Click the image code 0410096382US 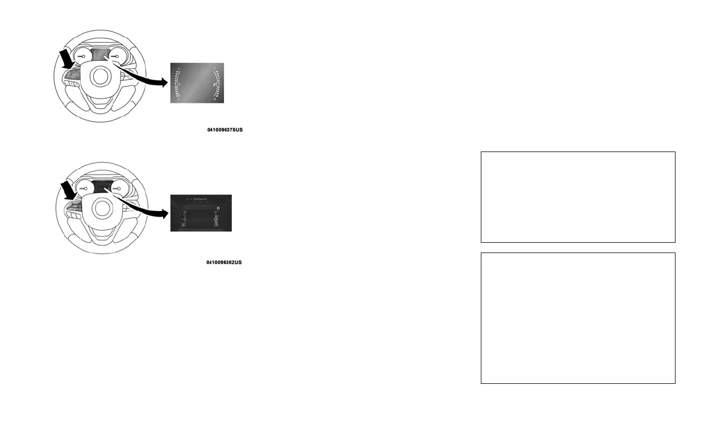point(224,262)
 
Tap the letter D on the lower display point(218,209)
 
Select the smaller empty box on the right point(578,197)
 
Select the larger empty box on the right point(578,318)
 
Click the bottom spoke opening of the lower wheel point(100,240)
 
